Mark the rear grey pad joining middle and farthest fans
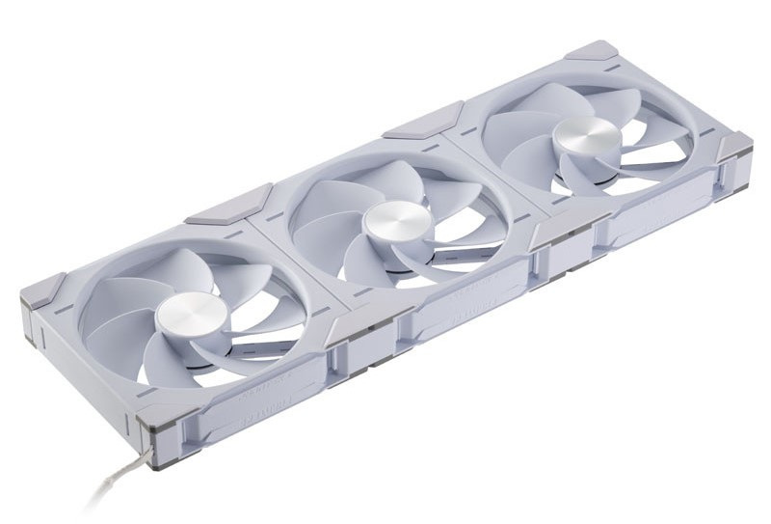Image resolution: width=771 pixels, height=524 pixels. click(414, 124)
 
